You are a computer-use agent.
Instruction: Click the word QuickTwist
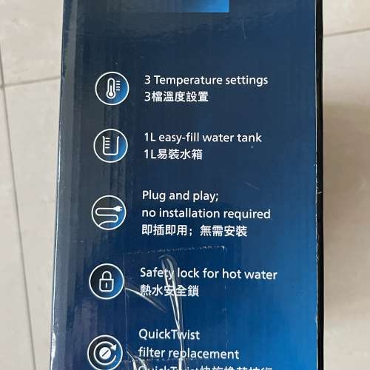click(x=169, y=335)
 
